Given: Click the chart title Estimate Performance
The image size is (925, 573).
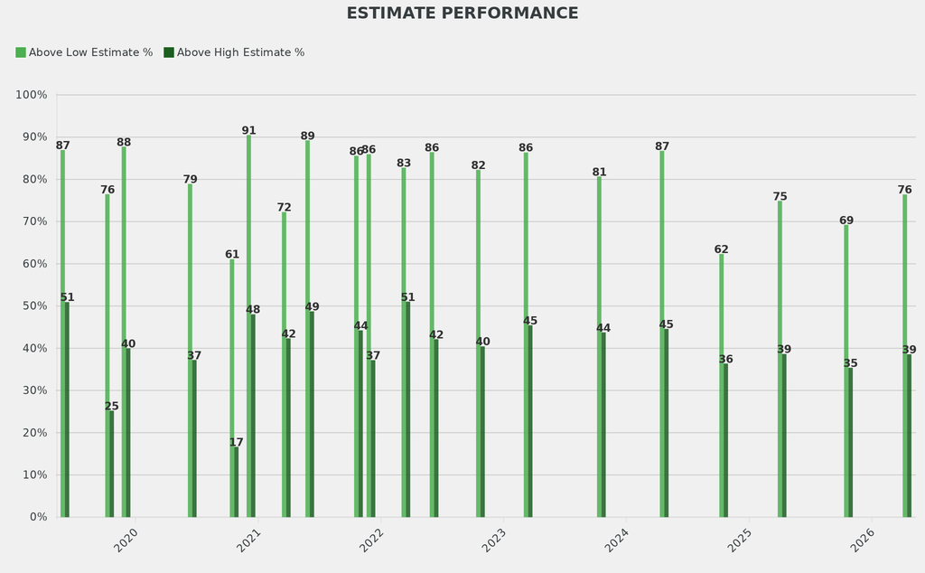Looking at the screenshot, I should [x=462, y=14].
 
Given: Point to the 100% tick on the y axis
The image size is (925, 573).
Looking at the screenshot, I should [x=32, y=95].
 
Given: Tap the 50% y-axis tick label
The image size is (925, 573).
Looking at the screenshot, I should [x=34, y=306].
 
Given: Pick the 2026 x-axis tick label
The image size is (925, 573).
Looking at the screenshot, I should [x=863, y=540].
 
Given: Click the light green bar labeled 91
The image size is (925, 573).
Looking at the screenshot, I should [x=248, y=325].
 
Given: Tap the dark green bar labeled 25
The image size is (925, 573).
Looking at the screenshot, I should [x=112, y=464].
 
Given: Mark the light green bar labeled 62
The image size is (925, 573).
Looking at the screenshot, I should [x=721, y=386].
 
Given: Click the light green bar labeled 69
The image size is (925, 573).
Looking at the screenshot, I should [x=846, y=371].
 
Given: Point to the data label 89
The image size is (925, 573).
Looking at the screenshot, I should [x=308, y=136].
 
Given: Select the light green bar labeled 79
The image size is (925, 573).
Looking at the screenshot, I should [x=190, y=351].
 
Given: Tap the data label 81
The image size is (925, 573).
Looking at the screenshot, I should [x=599, y=173].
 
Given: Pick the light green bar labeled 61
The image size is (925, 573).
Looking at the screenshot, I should [x=231, y=389].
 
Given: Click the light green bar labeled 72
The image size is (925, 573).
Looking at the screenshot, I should [x=284, y=365].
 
